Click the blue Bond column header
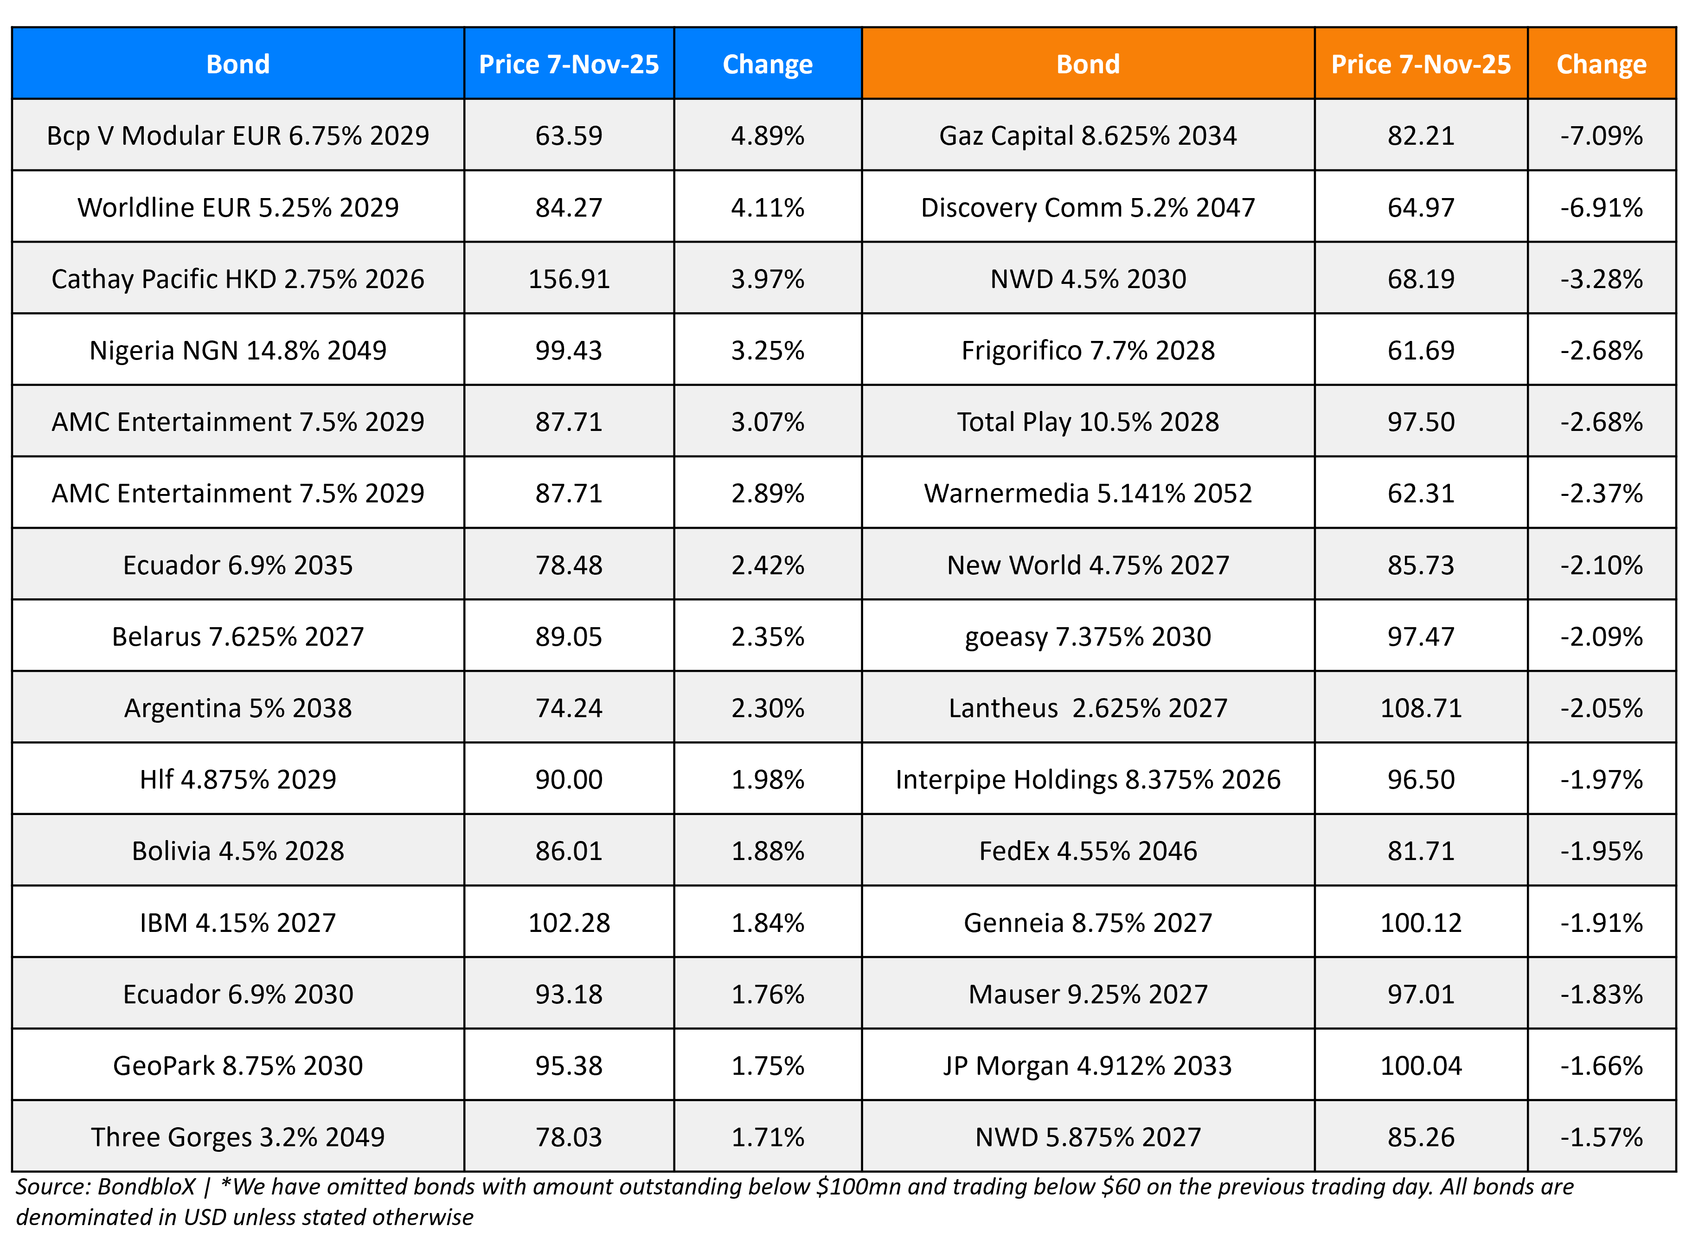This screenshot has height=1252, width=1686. pyautogui.click(x=238, y=64)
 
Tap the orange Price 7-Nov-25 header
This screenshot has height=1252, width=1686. pyautogui.click(x=1420, y=64)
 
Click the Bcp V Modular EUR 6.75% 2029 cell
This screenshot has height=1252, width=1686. pyautogui.click(x=238, y=135)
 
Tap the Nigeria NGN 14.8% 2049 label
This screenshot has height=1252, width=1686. pyautogui.click(x=238, y=350)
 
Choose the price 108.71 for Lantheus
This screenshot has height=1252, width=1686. pyautogui.click(x=1420, y=708)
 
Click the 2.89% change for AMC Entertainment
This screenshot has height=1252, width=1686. pyautogui.click(x=767, y=494)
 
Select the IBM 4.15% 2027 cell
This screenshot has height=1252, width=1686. pyautogui.click(x=238, y=922)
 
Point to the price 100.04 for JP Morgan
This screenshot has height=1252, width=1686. pyautogui.click(x=1420, y=1066)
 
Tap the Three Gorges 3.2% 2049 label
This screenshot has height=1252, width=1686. pyautogui.click(x=238, y=1137)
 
